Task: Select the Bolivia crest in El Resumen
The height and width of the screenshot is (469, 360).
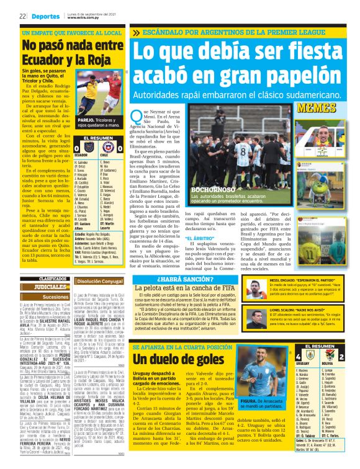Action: [x=340, y=357]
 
